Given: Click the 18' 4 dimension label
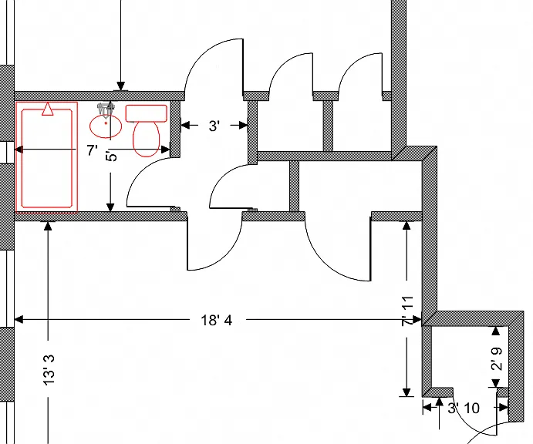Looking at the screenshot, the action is coord(217,320).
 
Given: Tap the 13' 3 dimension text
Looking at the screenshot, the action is coord(49,370).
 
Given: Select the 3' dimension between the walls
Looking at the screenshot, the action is coord(214,126).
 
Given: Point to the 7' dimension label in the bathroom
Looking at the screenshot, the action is coord(92,150).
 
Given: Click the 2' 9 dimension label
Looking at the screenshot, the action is coord(497,358).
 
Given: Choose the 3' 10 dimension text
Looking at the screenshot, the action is coord(464,408).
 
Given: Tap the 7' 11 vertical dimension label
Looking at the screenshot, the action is coord(407,311).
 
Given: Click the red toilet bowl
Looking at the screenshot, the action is coord(146,139).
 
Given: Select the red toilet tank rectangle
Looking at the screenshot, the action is coord(146,113).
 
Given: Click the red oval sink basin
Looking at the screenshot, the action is coord(106,126).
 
